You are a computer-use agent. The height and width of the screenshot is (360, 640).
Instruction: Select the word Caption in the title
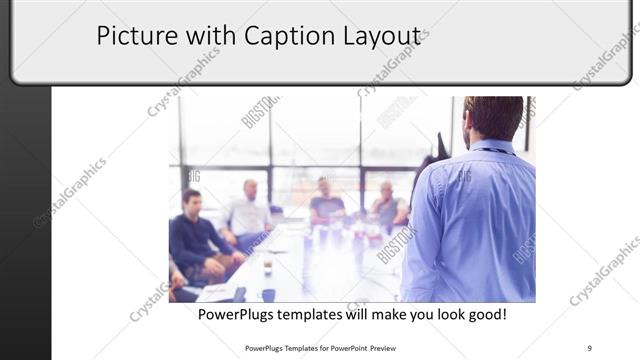[x=277, y=36]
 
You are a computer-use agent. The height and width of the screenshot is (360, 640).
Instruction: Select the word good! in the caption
[x=483, y=314]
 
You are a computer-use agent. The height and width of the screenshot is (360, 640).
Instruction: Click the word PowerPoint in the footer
[x=341, y=348]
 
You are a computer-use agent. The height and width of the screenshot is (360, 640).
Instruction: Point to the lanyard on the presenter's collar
[x=496, y=150]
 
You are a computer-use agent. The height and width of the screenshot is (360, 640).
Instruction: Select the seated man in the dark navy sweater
[x=196, y=235]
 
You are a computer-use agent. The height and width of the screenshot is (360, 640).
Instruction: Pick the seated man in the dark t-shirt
[x=325, y=202]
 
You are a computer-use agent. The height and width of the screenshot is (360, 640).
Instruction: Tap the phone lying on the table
[x=240, y=294]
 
